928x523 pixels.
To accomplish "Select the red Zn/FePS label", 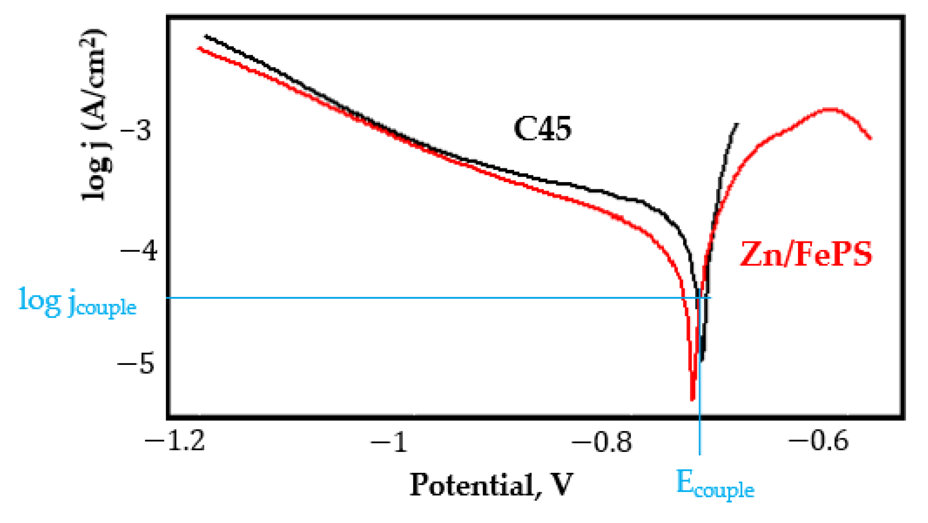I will pos(806,254).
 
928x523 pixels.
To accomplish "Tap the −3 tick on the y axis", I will pos(136,130).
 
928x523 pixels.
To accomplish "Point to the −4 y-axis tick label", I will pos(138,251).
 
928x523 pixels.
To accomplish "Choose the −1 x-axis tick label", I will pos(389,442).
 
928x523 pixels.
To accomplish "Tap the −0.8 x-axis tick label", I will pos(602,442).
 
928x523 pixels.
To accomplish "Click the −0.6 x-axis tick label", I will pos(818,441).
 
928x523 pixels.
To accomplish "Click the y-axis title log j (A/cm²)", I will pos(95,114).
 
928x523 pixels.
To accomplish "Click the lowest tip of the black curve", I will pos(702,360).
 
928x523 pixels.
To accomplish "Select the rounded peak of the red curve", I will pos(831,109).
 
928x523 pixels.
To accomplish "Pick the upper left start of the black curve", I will pos(206,36).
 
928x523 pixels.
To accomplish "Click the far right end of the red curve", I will pos(871,139).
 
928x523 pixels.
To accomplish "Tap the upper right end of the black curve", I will pos(737,124).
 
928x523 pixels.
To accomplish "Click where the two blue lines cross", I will pos(700,298).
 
